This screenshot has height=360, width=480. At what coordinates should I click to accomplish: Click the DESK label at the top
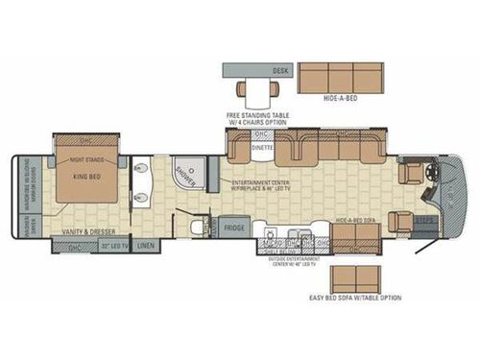coord(279,71)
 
